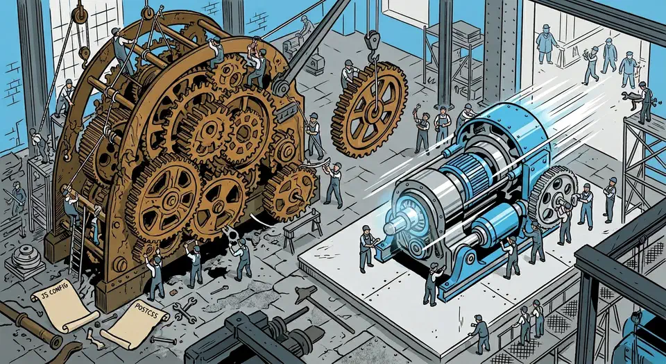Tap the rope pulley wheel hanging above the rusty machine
coord(79,16)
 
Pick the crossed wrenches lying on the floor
coord(185,310)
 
